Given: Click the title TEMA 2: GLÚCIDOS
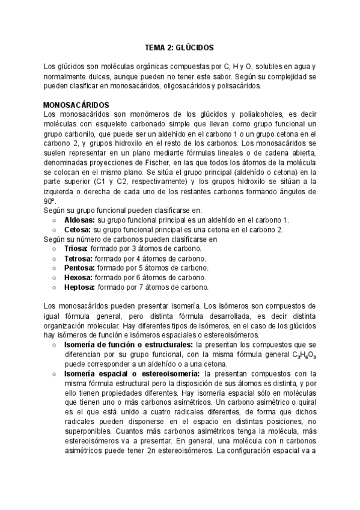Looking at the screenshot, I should tap(180, 46).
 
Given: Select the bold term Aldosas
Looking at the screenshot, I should tap(79, 220).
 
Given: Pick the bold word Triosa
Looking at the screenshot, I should tap(76, 248).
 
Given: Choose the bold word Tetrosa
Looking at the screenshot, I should tap(79, 258).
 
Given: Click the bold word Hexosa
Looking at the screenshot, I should tap(78, 277).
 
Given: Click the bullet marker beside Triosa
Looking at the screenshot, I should tap(54, 248).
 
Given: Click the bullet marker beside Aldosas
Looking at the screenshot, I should tap(54, 220).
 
